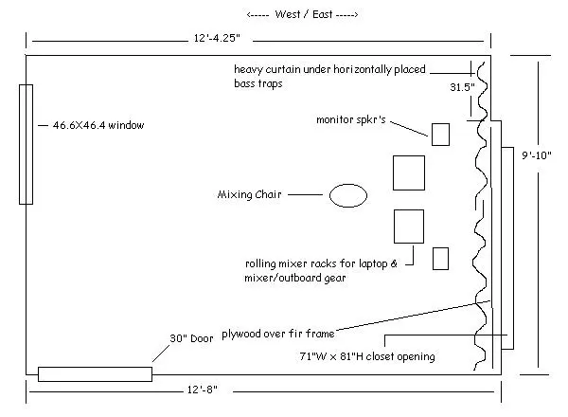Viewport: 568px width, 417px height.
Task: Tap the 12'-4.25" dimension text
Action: (217, 38)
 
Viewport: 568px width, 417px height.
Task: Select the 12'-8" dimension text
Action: (203, 390)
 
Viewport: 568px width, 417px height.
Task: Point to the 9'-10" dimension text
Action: (536, 155)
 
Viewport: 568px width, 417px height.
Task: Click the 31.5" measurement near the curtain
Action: (462, 87)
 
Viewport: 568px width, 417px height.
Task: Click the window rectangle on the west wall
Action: (27, 144)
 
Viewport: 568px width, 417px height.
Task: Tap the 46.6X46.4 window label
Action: (98, 125)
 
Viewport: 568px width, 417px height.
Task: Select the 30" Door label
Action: (191, 338)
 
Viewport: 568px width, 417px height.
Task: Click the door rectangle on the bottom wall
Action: (95, 374)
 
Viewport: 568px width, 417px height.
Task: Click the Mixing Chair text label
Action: (249, 194)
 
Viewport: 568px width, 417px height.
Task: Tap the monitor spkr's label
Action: (350, 119)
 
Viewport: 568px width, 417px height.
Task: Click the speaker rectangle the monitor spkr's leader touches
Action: (440, 135)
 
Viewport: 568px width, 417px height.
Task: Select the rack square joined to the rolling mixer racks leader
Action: (409, 227)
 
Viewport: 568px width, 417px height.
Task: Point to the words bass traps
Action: (257, 83)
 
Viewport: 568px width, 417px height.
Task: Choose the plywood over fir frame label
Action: (277, 334)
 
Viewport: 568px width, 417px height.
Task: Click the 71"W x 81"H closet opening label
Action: (367, 356)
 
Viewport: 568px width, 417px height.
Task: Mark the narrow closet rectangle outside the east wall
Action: (507, 248)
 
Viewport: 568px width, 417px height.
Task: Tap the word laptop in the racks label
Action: (373, 264)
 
